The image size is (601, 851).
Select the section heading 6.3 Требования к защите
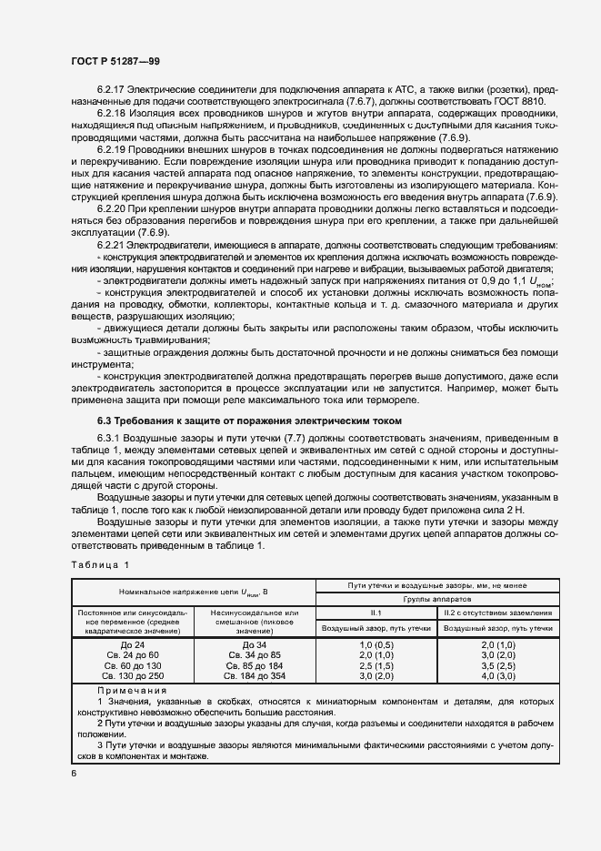(x=248, y=420)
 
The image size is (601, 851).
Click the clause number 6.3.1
(x=108, y=440)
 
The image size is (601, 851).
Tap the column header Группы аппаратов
(x=437, y=600)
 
